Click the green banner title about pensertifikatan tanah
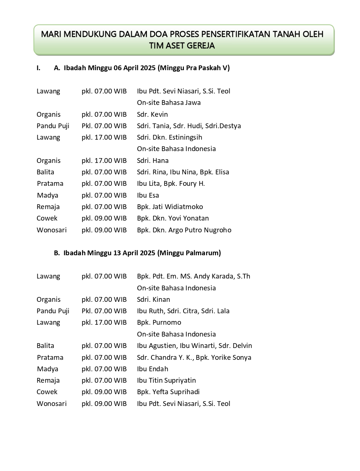point(182,40)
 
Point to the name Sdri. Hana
point(152,161)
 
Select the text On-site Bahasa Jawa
point(169,103)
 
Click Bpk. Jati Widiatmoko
point(170,207)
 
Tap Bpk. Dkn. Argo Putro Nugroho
point(184,230)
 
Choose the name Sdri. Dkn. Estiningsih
point(169,137)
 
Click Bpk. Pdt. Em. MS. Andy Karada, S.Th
point(193,276)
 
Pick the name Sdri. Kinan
point(153,300)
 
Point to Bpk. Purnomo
point(159,322)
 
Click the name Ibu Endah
point(152,369)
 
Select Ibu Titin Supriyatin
point(166,380)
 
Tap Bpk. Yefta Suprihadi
point(168,392)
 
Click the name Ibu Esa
point(148,195)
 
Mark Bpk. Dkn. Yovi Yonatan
point(173,218)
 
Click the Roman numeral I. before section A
point(38,68)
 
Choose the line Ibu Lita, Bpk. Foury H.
point(171,184)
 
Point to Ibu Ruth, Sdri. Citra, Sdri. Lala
point(183,311)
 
